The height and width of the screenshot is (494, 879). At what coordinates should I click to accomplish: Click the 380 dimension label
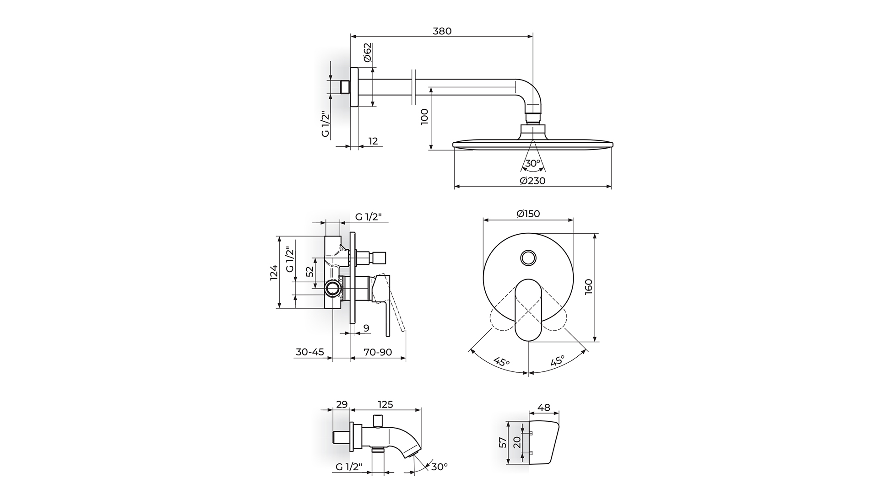click(442, 31)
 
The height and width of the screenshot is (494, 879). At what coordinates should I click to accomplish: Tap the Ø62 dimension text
click(368, 53)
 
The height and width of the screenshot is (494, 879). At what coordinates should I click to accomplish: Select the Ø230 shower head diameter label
click(533, 181)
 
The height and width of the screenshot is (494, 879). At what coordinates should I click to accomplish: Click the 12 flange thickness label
click(373, 141)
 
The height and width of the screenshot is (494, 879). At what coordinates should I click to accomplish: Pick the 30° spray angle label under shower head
click(532, 163)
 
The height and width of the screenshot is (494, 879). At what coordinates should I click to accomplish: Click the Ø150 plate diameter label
click(528, 214)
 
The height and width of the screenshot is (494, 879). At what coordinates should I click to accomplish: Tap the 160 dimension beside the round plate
click(589, 287)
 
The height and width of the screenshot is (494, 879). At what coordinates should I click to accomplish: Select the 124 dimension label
click(274, 273)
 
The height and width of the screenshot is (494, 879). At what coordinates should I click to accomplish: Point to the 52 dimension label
click(310, 272)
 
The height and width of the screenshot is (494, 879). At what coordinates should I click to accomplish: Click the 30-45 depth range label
click(310, 352)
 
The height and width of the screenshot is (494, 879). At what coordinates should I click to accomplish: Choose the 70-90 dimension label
click(378, 352)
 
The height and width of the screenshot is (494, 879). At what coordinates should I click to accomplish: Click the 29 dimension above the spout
click(342, 404)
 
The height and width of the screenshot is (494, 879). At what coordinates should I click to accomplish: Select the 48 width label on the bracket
click(544, 408)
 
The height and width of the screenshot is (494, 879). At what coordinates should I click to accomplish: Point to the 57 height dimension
click(503, 442)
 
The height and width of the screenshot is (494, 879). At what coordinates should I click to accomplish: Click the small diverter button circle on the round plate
click(529, 258)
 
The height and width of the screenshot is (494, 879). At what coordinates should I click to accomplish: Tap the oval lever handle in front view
click(528, 310)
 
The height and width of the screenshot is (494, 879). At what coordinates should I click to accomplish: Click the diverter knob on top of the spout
click(378, 420)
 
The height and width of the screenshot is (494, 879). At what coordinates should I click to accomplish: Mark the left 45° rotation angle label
click(502, 362)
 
